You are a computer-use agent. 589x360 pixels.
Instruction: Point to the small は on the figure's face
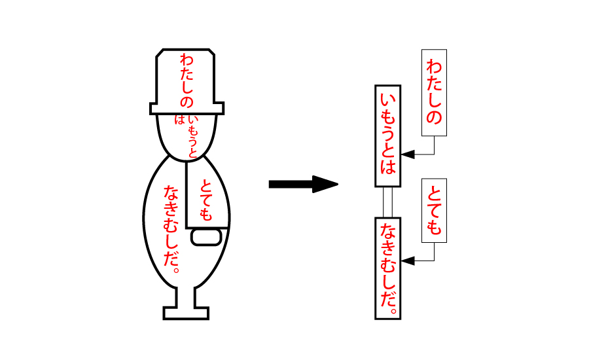(179, 120)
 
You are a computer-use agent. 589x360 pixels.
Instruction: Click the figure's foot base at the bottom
(186, 313)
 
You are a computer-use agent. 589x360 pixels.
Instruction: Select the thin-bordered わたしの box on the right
(434, 92)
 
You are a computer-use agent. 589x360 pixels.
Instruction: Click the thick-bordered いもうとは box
(387, 135)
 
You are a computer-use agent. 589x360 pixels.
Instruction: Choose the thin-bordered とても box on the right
(434, 210)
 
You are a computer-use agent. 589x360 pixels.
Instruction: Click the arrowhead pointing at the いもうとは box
(408, 155)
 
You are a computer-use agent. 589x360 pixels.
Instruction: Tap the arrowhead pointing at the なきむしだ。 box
(408, 261)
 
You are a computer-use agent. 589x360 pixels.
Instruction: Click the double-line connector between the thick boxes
(387, 202)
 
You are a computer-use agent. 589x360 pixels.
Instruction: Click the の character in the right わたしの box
(434, 118)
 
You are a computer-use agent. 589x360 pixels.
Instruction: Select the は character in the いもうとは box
(387, 167)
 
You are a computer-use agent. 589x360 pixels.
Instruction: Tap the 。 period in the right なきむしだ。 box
(393, 309)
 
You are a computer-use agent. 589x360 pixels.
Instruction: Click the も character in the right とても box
(434, 226)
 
